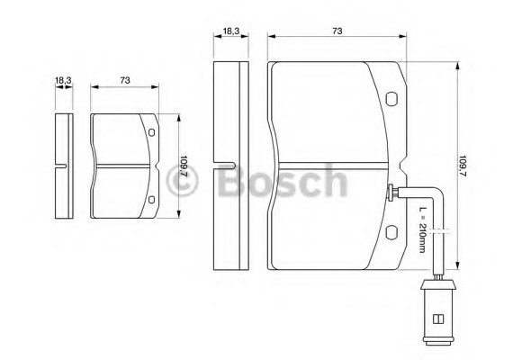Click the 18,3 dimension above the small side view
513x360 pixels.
63,82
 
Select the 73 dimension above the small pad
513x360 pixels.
125,82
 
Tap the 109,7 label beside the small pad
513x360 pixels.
184,167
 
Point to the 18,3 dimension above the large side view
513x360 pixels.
230,31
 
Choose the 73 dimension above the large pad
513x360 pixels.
337,31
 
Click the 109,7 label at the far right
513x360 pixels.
463,167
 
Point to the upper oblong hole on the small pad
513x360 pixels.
151,136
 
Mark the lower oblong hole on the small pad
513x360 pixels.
151,200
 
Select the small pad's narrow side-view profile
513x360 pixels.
63,166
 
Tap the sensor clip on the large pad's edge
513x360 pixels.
392,191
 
